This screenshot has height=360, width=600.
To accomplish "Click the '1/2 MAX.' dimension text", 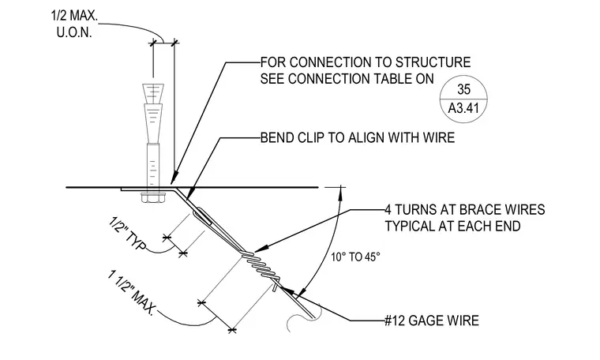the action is tap(75, 16).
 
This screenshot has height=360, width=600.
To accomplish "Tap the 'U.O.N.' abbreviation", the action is tap(75, 33).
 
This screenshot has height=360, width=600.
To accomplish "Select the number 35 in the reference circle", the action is tap(463, 89).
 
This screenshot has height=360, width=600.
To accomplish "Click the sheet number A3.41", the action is tap(463, 108).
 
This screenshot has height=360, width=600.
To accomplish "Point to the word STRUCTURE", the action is tap(433, 62).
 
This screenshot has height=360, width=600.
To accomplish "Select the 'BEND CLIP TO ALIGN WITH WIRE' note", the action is tap(358, 137).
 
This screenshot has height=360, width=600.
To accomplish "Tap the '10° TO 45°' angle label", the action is tap(355, 257).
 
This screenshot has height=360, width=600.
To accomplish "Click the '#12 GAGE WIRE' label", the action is tap(432, 321).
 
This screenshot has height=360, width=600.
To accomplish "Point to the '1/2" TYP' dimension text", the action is tap(127, 234).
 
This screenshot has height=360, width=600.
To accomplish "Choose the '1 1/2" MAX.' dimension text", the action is tap(132, 293).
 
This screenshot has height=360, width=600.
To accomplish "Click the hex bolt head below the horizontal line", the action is tap(153, 197).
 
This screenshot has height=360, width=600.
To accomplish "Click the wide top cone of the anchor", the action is tap(153, 94).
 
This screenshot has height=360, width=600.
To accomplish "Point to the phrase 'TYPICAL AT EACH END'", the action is tap(452, 226).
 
